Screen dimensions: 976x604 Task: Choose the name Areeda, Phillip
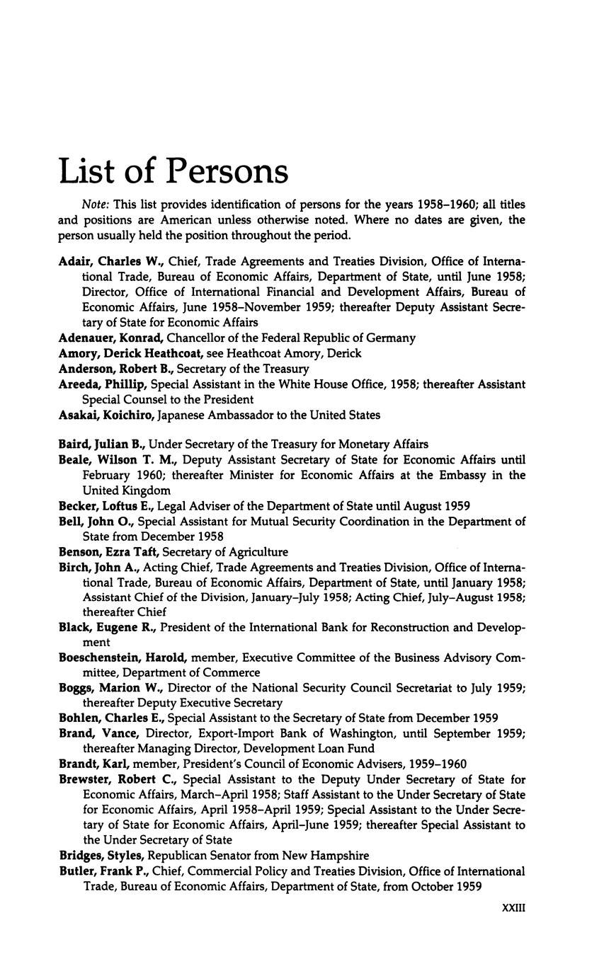103,384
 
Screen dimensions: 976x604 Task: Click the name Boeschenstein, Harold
122,658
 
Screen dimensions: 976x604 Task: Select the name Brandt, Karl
93,764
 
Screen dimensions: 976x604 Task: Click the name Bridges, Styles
102,856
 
